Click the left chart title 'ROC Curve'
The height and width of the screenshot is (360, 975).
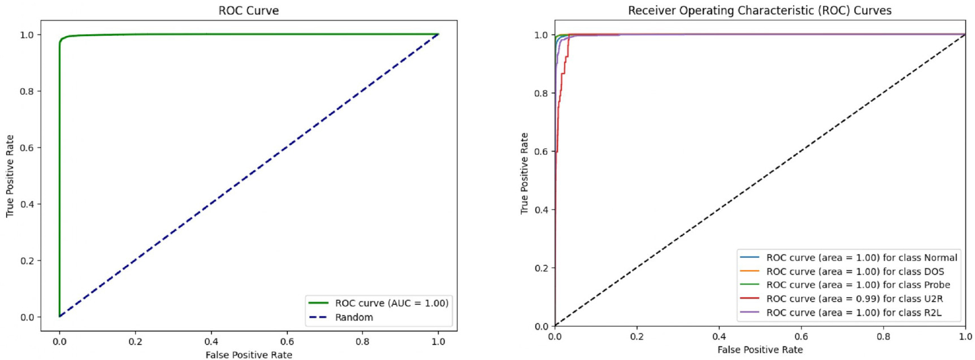click(x=248, y=10)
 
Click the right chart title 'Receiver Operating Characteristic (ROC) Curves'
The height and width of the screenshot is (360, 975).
click(x=760, y=10)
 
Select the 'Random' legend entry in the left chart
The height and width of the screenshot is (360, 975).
click(x=354, y=317)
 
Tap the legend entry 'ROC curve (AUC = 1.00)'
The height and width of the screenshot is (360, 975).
click(x=391, y=303)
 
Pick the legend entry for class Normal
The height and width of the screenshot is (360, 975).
click(x=861, y=257)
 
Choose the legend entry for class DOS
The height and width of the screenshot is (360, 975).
click(x=855, y=271)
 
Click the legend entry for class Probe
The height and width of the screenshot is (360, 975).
click(x=858, y=285)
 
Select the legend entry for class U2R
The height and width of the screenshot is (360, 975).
click(x=855, y=298)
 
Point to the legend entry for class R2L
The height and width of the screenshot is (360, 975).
click(x=853, y=313)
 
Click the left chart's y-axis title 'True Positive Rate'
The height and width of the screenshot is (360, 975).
click(x=10, y=176)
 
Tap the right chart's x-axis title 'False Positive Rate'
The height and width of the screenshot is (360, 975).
click(x=760, y=350)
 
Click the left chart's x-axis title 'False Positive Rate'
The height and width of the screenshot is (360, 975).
click(x=249, y=355)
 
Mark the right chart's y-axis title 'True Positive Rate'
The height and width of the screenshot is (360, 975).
click(x=525, y=174)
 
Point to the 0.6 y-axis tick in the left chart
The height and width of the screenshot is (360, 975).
click(x=27, y=148)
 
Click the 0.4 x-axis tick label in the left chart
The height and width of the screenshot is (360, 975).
click(x=211, y=341)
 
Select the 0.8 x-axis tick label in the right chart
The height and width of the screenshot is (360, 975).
click(x=883, y=336)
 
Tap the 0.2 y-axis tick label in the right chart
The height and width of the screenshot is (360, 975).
click(x=541, y=268)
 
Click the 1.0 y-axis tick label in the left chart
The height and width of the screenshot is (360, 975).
click(x=27, y=34)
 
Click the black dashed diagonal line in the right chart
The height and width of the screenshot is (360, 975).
click(x=760, y=180)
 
